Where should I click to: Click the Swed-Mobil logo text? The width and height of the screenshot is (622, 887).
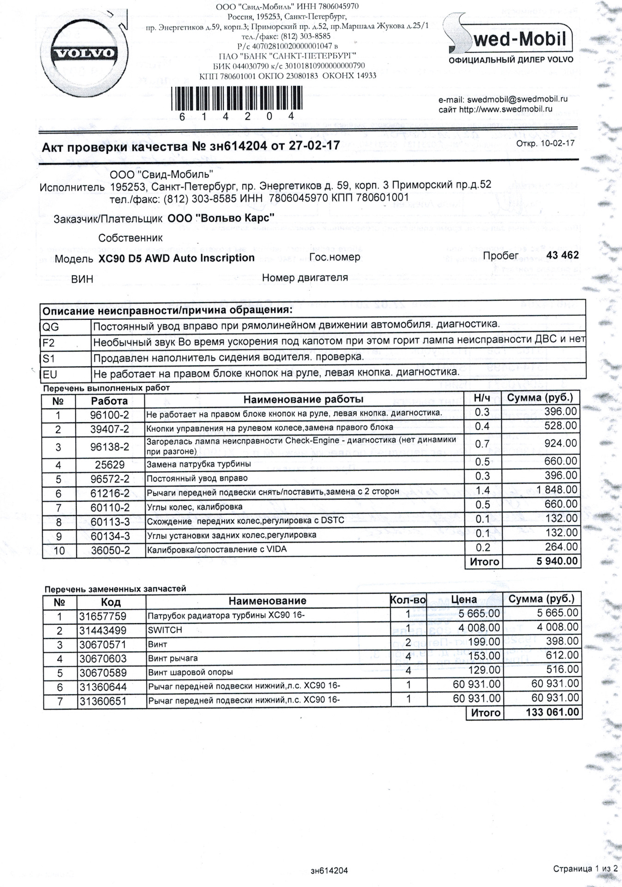(x=517, y=39)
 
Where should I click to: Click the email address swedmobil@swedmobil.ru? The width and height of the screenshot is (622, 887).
(x=517, y=99)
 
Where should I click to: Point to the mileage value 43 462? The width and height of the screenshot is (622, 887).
(x=562, y=255)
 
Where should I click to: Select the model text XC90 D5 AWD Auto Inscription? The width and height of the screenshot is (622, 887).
(x=176, y=258)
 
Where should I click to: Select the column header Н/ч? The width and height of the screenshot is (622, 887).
(x=482, y=398)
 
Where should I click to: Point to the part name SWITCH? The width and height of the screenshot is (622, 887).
(x=165, y=630)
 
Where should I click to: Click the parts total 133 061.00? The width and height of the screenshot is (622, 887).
(x=552, y=712)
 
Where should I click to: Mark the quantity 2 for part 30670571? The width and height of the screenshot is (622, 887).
(x=408, y=643)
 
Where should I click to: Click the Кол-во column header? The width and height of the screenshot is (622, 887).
(x=408, y=601)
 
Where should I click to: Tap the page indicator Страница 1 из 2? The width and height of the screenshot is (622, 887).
(x=585, y=869)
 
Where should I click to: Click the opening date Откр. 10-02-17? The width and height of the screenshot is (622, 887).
(x=545, y=143)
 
